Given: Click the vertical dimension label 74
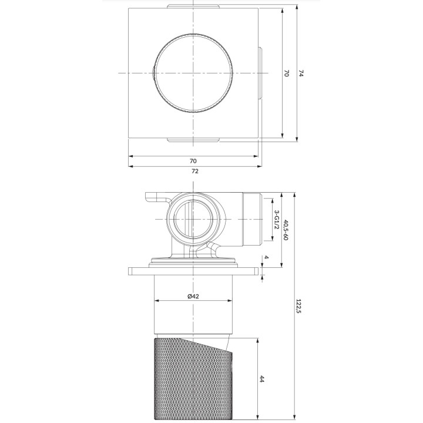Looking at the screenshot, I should (x=301, y=73).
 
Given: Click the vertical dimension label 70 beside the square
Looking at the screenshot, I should (x=287, y=73).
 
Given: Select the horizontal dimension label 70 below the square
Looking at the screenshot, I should (x=193, y=160).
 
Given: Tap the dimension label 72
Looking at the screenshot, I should (x=194, y=171).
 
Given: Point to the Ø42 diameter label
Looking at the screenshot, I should (x=193, y=296).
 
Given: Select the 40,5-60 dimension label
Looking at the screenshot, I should (x=286, y=229).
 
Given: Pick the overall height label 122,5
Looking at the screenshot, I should (x=300, y=306).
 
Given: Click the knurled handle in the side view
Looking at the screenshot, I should (x=194, y=379).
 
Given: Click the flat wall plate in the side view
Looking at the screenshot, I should (x=193, y=271).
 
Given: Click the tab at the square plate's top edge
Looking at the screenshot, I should (x=193, y=6).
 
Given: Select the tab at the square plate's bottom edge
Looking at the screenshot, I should (x=193, y=140).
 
